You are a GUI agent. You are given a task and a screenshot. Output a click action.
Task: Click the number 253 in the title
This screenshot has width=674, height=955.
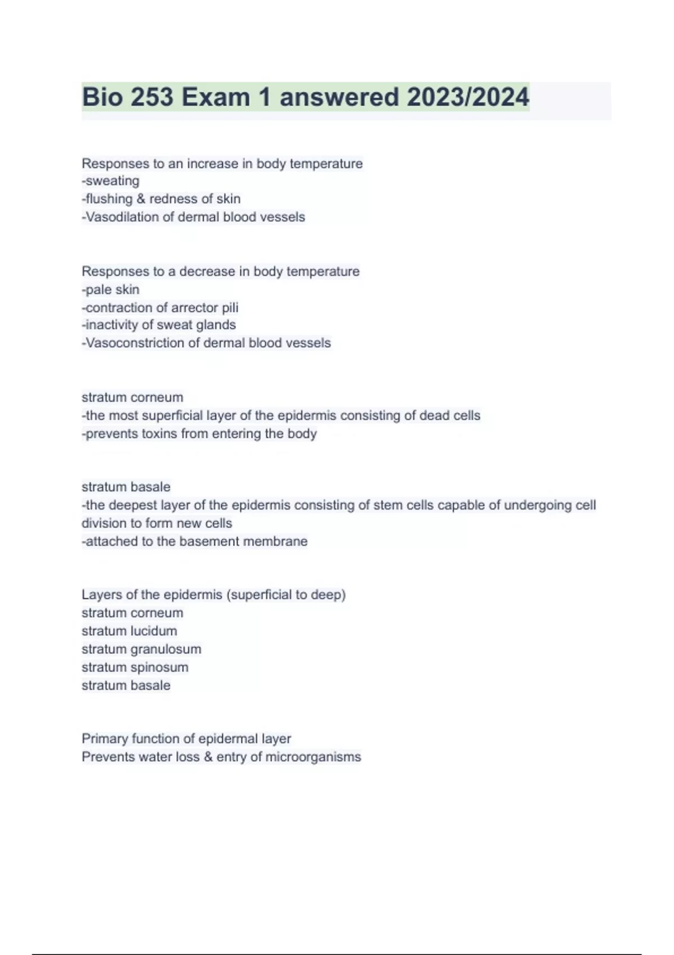click(x=152, y=97)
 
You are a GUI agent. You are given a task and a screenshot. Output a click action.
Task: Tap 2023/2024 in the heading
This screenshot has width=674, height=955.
click(x=468, y=97)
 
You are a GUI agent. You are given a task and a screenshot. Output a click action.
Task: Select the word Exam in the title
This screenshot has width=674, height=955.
click(x=216, y=97)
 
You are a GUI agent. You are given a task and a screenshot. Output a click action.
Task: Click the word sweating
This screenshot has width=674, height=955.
click(x=112, y=181)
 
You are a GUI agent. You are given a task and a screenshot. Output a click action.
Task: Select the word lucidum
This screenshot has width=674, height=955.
click(x=153, y=631)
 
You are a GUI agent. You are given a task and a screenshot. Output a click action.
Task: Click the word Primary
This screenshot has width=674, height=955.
click(x=104, y=739)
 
